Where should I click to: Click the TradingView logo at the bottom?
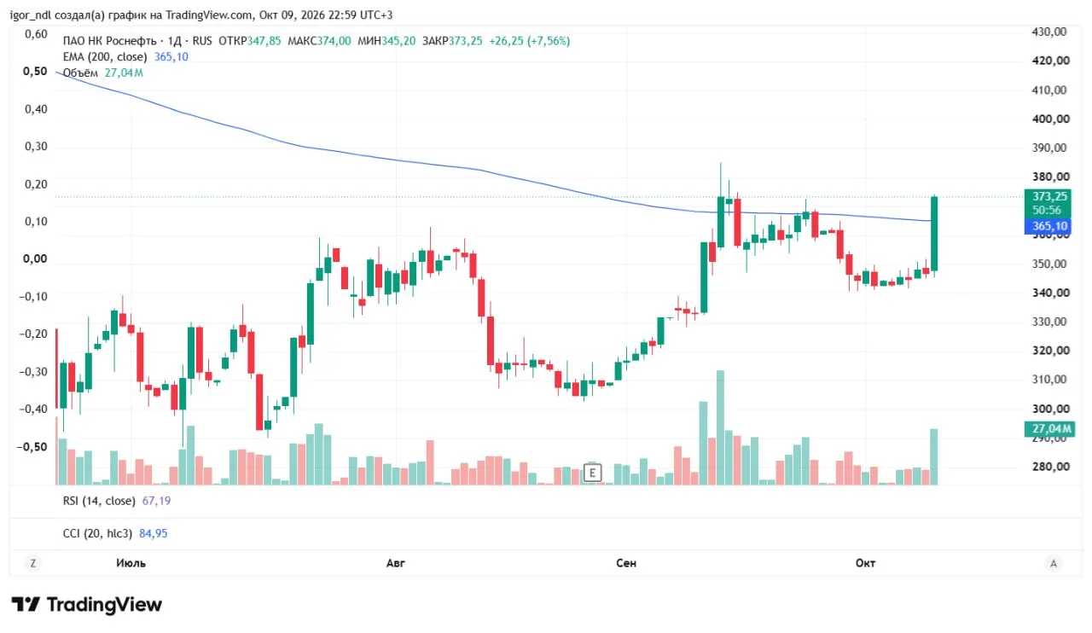[87, 605]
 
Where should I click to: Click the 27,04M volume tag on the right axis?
[1048, 428]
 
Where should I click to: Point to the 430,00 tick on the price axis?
[1049, 32]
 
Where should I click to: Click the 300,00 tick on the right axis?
[1050, 409]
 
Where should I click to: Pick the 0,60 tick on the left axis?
[36, 34]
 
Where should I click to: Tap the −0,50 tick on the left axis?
[32, 447]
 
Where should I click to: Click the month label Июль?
[131, 563]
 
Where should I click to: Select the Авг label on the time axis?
[395, 563]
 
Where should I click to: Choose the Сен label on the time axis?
[626, 563]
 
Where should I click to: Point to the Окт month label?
[865, 563]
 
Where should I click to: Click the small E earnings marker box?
[592, 473]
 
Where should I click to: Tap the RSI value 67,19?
[156, 501]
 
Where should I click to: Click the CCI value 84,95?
[153, 533]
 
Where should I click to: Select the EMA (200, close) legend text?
[105, 57]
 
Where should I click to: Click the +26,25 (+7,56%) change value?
[530, 41]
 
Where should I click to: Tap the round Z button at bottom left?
[32, 564]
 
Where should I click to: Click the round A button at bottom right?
[1054, 564]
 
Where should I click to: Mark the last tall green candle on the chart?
[934, 234]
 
